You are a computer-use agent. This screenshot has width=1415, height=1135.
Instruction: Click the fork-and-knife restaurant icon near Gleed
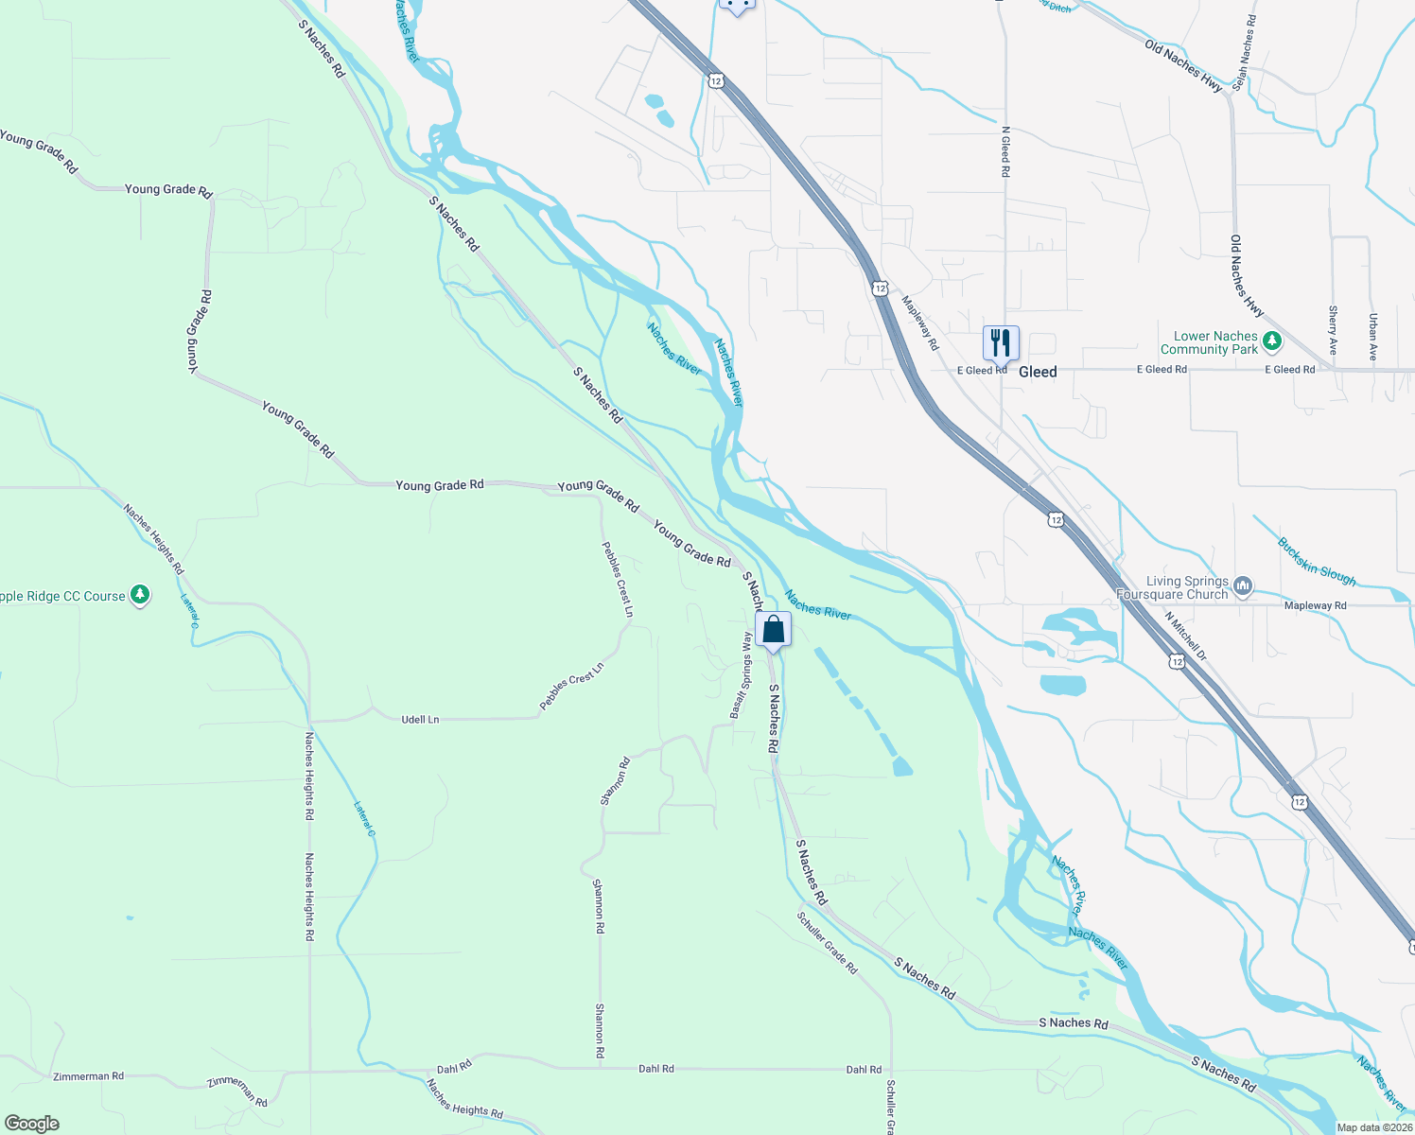pos(1001,343)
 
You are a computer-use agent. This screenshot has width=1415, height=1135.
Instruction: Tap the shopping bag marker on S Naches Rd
pos(773,630)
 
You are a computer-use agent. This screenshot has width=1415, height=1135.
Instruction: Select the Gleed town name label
pos(1038,372)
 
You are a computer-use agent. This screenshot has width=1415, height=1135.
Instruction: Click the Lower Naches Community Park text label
pos(1214,342)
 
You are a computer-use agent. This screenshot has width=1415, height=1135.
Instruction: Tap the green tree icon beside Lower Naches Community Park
pos(1273,340)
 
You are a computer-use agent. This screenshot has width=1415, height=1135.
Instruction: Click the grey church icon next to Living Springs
pos(1243,586)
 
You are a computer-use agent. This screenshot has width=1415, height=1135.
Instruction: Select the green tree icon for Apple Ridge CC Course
pos(140,595)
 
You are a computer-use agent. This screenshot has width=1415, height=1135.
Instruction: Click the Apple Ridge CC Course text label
pos(61,597)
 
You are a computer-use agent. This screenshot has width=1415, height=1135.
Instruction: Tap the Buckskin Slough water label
pos(1317,562)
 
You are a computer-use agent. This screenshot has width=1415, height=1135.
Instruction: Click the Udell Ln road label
pos(420,720)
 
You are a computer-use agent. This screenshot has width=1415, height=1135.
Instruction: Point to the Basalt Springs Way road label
pos(741,675)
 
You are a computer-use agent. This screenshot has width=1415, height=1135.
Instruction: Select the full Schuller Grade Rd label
pos(827,943)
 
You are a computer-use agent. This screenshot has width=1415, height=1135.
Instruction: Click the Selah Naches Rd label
pos(1246,53)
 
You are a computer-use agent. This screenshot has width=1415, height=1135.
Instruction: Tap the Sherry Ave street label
pos(1333,330)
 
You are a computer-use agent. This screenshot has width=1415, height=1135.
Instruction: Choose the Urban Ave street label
pos(1372,338)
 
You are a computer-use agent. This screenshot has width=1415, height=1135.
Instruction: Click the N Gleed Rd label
pos(1005,151)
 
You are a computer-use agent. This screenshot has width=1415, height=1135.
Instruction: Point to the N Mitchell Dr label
pos(1185,636)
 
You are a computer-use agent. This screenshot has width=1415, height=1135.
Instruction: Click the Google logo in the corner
pos(32,1124)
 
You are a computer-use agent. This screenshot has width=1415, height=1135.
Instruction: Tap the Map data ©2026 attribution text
pos(1373,1127)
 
